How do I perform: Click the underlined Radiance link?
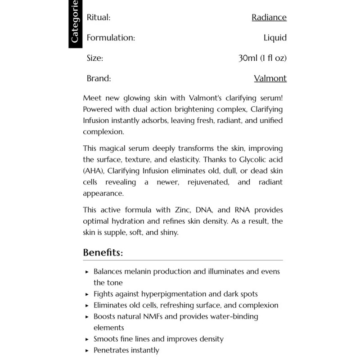click(269, 18)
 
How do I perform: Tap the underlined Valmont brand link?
click(270, 78)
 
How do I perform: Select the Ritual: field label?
click(99, 18)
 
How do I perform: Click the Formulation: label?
click(111, 38)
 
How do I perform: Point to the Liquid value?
click(275, 38)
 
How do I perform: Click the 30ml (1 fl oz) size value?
click(262, 58)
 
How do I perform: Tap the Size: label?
click(95, 58)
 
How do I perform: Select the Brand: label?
click(99, 78)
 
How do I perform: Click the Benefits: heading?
click(103, 252)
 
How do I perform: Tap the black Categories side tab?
click(74, 22)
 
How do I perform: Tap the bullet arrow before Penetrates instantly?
click(87, 350)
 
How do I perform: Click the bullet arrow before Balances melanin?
click(87, 272)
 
